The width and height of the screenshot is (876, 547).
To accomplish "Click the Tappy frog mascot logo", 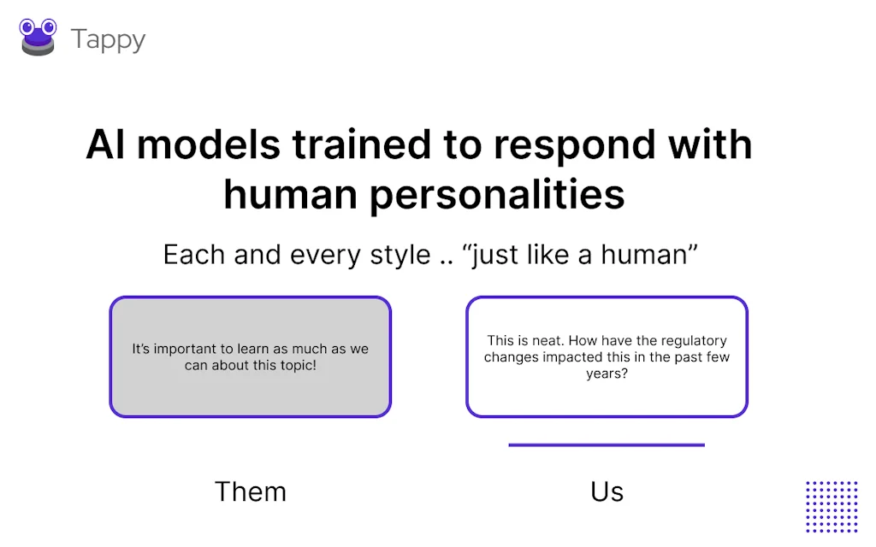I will (x=38, y=38).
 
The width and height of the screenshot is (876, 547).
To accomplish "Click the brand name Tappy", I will (x=108, y=39).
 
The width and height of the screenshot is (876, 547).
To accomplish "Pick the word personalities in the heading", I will (x=497, y=195).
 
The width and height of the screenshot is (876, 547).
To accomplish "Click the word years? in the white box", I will (x=607, y=373).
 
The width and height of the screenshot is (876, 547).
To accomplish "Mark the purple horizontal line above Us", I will (x=607, y=444).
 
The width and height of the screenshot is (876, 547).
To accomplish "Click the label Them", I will (x=250, y=491).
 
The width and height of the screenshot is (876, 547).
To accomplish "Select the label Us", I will (x=607, y=491).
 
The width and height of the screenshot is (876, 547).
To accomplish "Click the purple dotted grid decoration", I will (x=832, y=506).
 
